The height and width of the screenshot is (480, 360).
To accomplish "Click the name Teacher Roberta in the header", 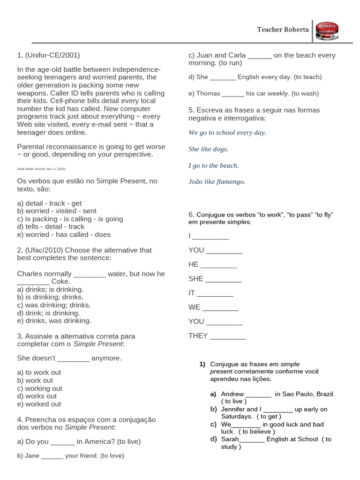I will (x=283, y=30).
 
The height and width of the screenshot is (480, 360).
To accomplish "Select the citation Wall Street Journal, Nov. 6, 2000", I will (x=41, y=168).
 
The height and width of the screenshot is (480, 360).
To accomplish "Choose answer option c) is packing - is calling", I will (x=70, y=219).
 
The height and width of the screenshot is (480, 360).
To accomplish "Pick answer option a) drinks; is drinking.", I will (x=50, y=289).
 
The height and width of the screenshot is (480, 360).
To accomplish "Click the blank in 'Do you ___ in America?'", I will (x=62, y=442).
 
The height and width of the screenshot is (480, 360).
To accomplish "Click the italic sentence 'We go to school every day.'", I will (x=227, y=133).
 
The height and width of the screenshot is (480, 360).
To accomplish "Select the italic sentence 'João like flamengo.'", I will (x=217, y=181).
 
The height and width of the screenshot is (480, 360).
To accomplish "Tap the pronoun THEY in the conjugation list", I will (x=198, y=336).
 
